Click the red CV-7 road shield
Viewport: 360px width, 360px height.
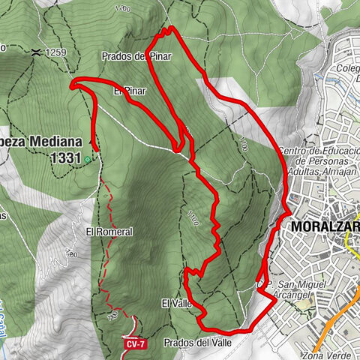coord(134,344)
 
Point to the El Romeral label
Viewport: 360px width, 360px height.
coord(109,232)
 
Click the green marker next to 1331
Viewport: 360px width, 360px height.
coord(88,159)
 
